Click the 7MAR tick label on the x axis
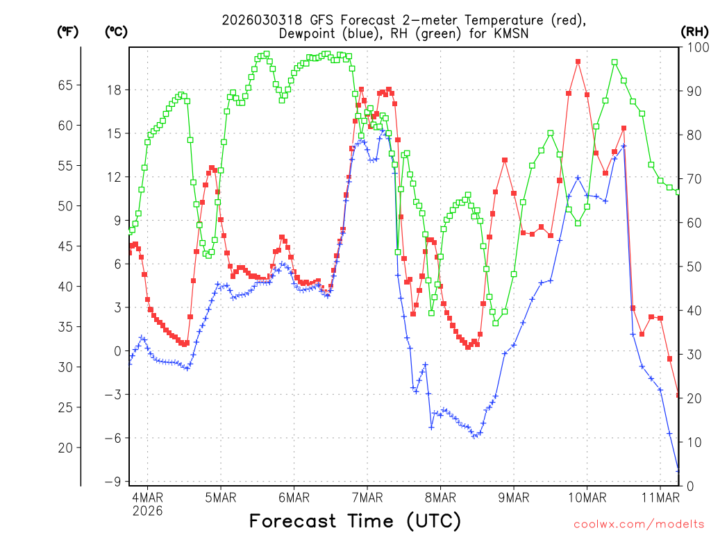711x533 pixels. pos(367,497)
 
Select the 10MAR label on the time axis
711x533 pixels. pos(586,497)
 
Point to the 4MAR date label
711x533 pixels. pos(147,497)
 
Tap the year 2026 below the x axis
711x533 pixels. pos(147,511)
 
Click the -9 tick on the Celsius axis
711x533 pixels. pos(113,482)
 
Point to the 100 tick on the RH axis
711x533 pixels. pos(694,47)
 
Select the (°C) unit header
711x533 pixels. pos(116,31)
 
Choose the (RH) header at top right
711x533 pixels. pos(694,31)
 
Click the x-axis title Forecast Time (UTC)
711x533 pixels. pos(355,521)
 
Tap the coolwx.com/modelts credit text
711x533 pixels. pos(639,523)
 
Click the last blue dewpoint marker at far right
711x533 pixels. pos(678,471)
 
